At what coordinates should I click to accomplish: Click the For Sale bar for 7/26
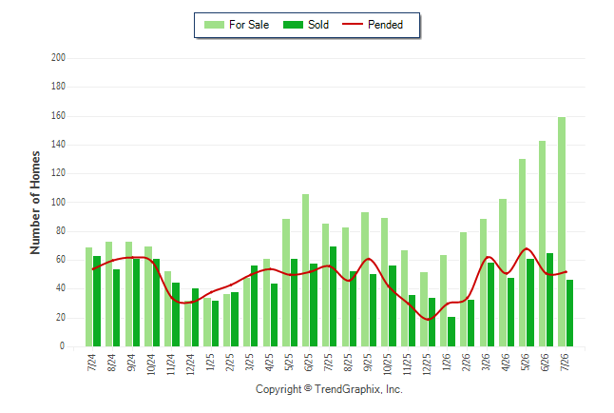tap(562, 231)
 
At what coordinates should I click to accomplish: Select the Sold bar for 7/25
tap(333, 296)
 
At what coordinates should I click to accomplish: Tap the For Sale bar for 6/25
tap(305, 270)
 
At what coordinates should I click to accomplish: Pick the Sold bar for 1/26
tap(451, 331)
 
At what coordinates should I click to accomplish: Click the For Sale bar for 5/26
tap(522, 252)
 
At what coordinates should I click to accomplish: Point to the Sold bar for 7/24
tap(97, 302)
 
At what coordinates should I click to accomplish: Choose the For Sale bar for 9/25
tap(365, 279)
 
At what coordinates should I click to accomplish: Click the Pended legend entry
tap(373, 25)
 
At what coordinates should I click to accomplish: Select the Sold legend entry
tap(306, 25)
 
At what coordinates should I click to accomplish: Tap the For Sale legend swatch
tap(214, 25)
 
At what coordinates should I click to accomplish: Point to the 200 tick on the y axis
tap(58, 58)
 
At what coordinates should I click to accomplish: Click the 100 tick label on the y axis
tap(58, 203)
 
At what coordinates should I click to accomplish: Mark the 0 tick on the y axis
tap(62, 346)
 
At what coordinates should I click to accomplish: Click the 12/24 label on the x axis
tap(190, 364)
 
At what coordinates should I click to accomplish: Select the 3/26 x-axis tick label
tap(486, 362)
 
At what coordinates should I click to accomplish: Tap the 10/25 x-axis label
tap(387, 364)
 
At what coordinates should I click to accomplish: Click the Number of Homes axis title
tap(35, 203)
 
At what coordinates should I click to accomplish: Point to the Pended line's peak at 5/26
tap(526, 248)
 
